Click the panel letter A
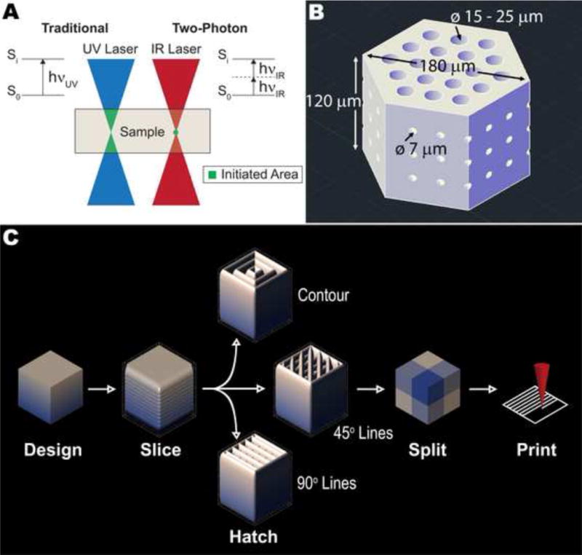point(12,12)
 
